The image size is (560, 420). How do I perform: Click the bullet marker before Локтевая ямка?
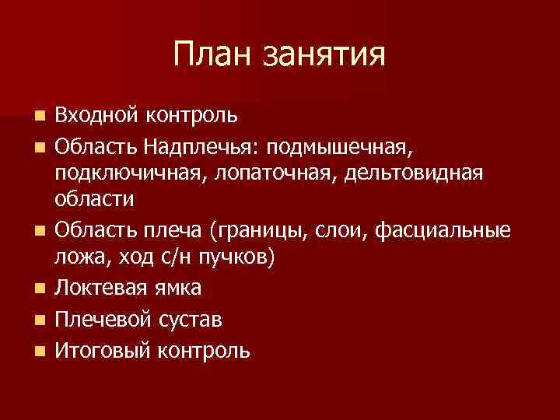40,289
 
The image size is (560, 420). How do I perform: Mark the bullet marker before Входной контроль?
40,117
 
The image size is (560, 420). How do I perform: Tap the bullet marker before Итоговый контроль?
40,352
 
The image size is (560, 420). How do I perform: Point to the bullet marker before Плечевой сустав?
40,320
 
